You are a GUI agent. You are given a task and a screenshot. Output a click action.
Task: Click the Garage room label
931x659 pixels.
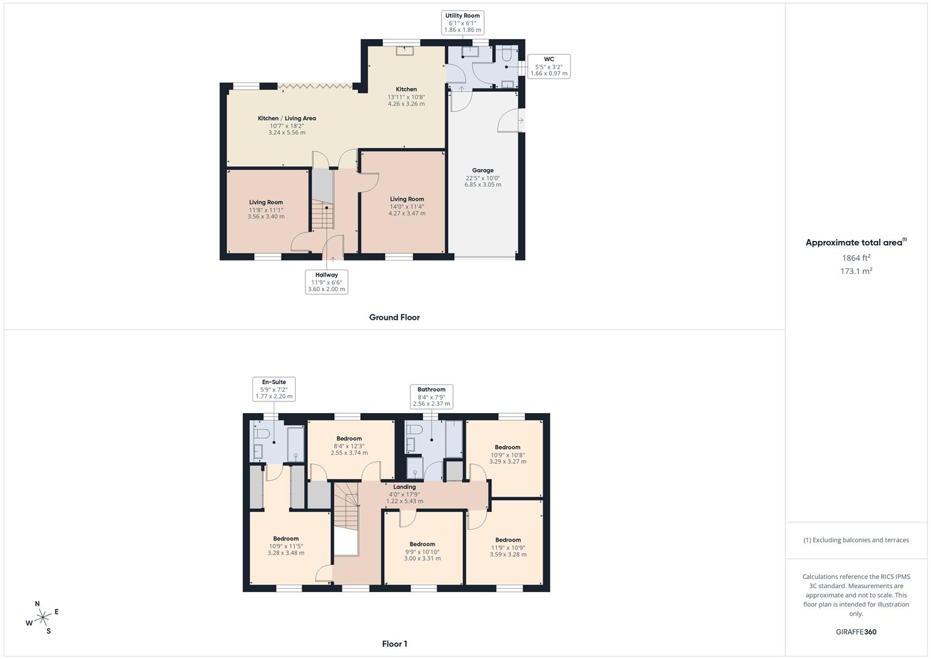click(482, 170)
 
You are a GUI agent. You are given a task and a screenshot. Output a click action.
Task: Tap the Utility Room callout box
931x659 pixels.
click(463, 23)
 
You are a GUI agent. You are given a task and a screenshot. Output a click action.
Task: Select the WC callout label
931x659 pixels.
click(549, 66)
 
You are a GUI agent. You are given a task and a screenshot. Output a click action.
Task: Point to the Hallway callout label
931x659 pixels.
click(327, 282)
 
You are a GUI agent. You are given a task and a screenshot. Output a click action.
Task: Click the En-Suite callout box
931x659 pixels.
click(274, 389)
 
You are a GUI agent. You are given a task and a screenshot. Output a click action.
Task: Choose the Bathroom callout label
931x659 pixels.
click(432, 397)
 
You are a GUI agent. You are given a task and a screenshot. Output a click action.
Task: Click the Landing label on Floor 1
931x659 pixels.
click(404, 487)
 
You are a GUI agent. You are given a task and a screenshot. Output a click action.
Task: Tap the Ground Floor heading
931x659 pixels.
click(394, 317)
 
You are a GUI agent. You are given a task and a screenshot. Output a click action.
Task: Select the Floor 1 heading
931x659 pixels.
click(394, 644)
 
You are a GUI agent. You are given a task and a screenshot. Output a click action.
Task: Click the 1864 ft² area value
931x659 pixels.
click(856, 258)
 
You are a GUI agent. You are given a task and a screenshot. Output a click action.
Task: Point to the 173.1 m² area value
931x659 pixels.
click(856, 272)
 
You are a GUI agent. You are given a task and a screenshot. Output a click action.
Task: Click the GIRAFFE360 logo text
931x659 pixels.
click(856, 632)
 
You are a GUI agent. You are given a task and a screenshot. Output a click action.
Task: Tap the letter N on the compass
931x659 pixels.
click(37, 603)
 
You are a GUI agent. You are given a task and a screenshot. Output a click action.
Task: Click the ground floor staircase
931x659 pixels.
click(323, 214)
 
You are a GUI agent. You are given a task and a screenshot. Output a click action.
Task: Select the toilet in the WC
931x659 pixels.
click(507, 54)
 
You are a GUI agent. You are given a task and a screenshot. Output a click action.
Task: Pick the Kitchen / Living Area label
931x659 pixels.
click(287, 118)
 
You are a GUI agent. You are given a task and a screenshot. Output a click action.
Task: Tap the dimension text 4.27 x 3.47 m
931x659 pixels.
click(407, 214)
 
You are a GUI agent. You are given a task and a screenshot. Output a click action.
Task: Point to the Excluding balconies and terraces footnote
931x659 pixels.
click(856, 540)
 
